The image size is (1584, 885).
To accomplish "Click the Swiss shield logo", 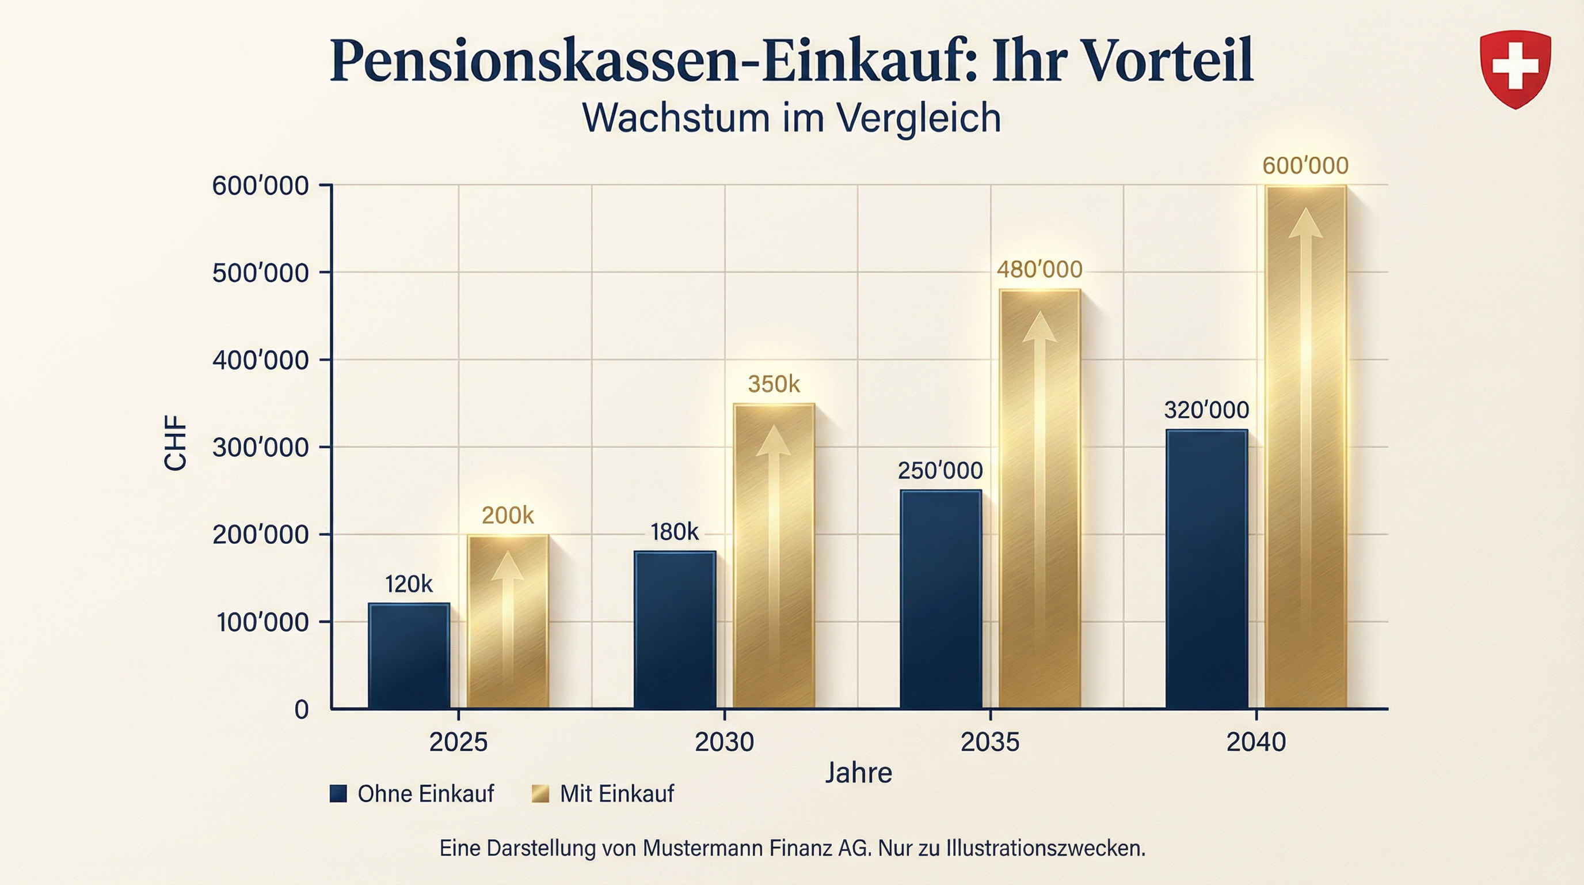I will (1514, 69).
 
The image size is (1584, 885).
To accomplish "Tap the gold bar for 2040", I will (1305, 446).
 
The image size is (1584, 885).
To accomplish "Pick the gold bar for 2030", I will (774, 556).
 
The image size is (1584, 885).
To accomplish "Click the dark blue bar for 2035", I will (940, 599).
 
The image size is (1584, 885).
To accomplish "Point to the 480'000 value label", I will (1039, 270).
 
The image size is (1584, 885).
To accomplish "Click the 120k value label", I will (409, 584).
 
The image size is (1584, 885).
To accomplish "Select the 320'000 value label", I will (1206, 410).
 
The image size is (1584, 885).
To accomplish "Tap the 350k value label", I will (774, 385).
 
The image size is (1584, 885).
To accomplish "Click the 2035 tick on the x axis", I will (990, 742).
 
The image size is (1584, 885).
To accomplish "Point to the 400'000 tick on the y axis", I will (260, 360).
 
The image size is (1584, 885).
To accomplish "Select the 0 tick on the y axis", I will (301, 710).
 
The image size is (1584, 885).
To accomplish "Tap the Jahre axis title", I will (858, 773).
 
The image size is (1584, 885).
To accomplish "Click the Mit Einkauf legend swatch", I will (540, 794).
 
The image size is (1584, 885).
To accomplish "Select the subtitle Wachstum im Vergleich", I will (791, 117).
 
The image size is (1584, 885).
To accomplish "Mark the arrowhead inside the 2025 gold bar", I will (507, 567).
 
